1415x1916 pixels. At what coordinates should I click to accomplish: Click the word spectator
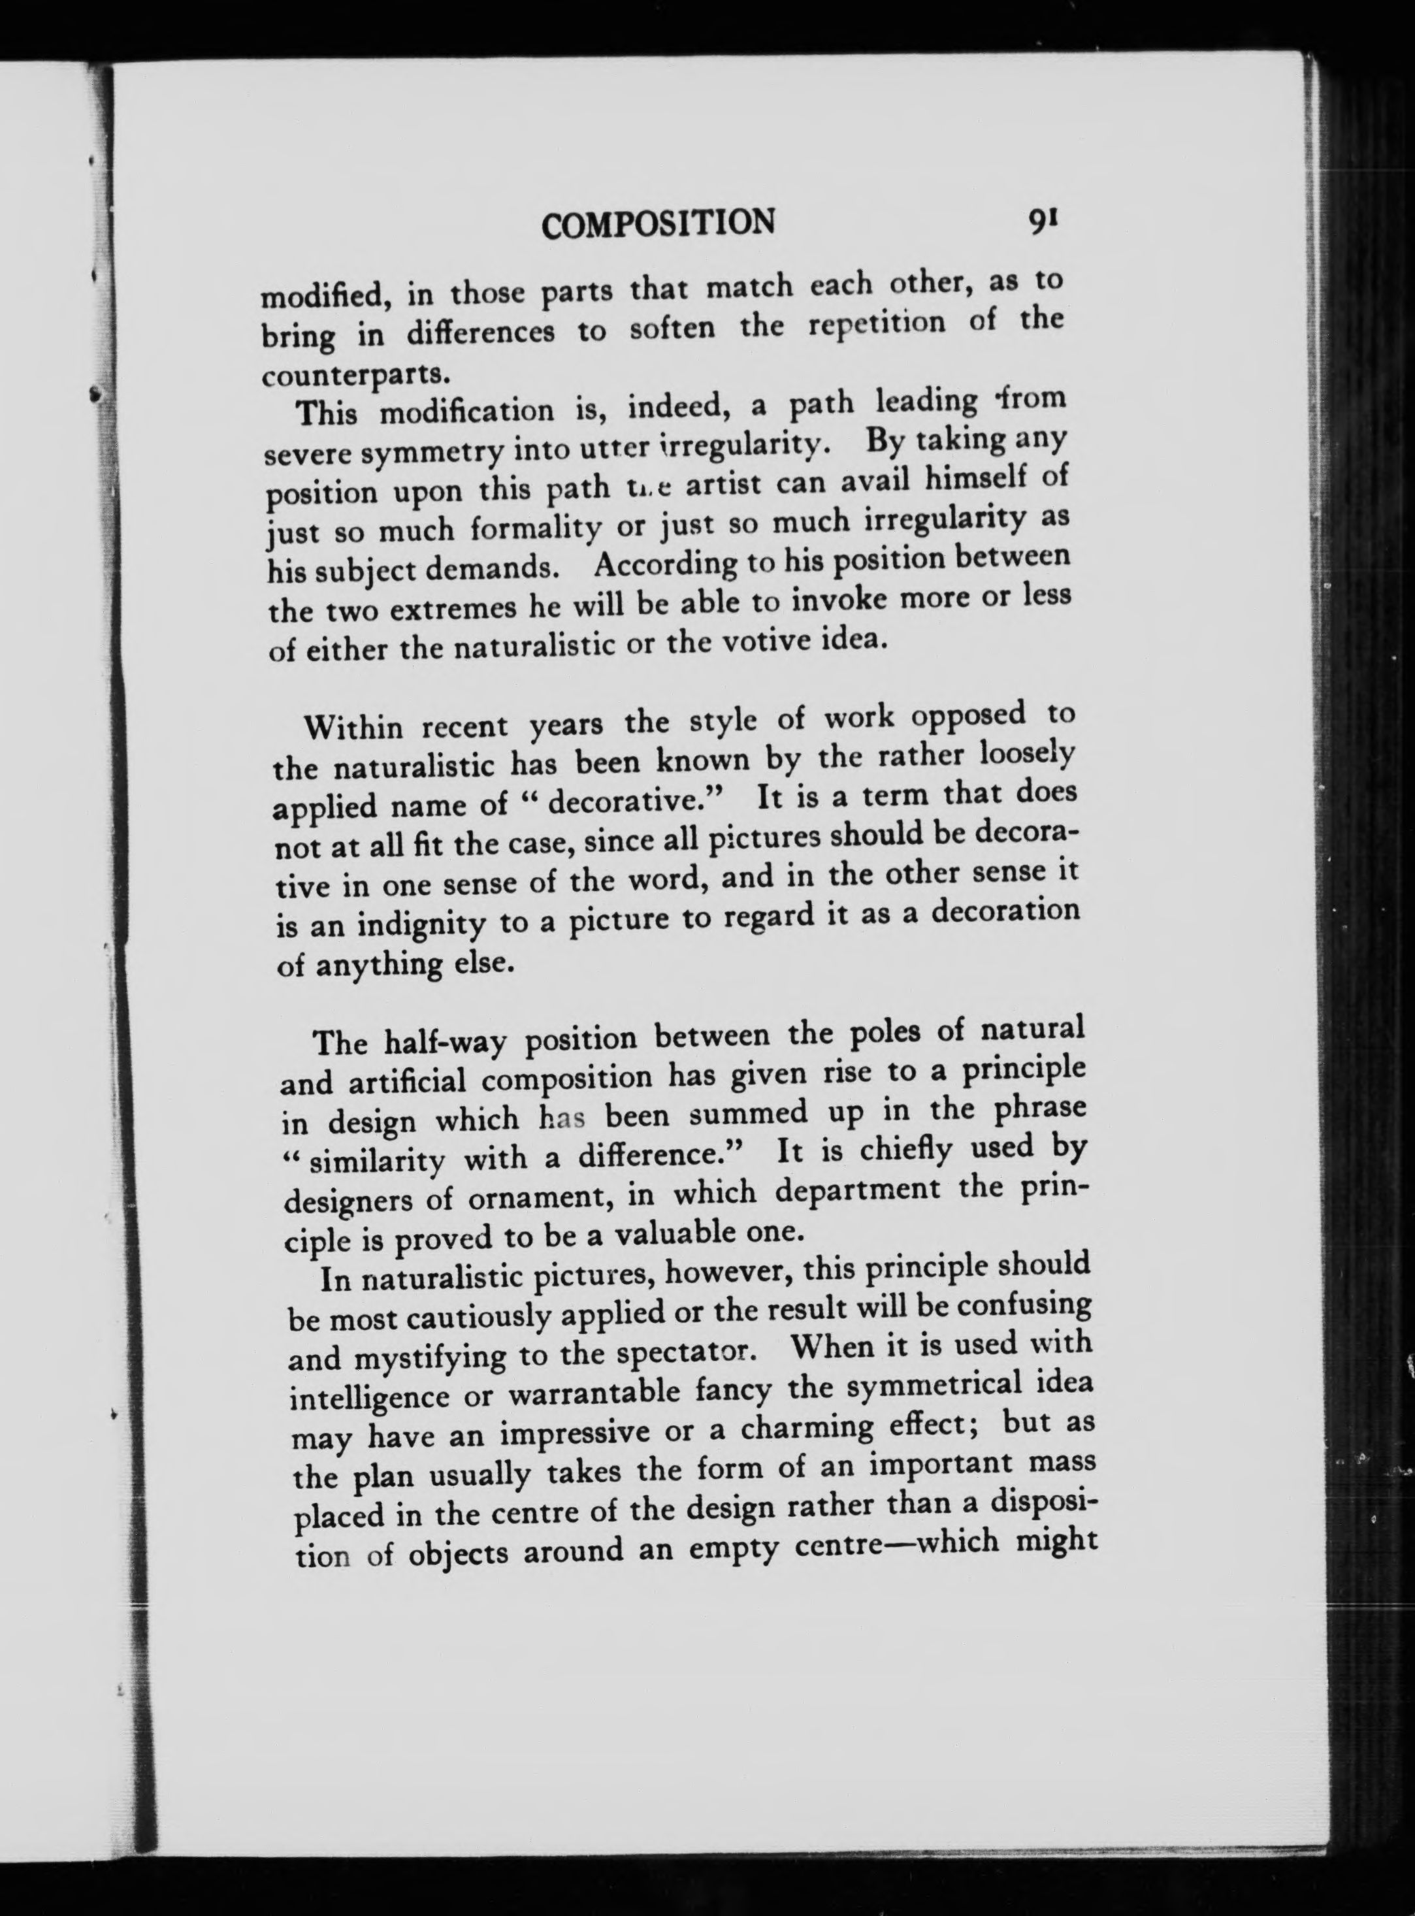683,1352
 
